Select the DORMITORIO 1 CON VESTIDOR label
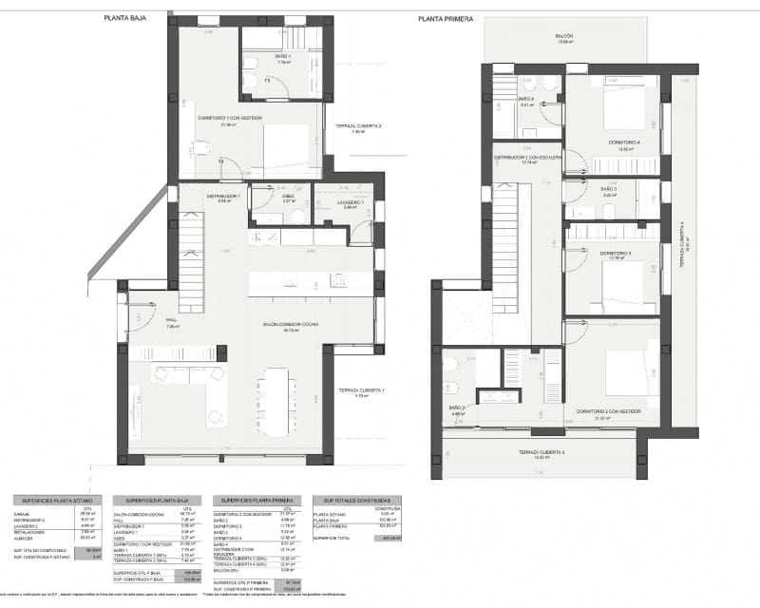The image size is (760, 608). click(x=230, y=118)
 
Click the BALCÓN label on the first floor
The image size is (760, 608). click(x=565, y=36)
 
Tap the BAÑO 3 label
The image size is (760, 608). click(x=609, y=189)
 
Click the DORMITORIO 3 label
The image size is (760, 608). click(x=617, y=254)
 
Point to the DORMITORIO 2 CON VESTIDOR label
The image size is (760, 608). click(x=608, y=411)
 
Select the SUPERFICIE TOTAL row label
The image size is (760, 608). click(x=332, y=537)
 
